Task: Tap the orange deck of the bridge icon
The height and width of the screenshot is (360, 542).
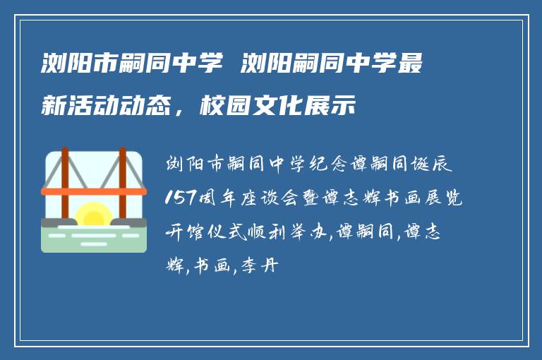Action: [x=94, y=191]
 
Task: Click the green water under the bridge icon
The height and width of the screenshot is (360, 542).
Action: [x=94, y=240]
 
